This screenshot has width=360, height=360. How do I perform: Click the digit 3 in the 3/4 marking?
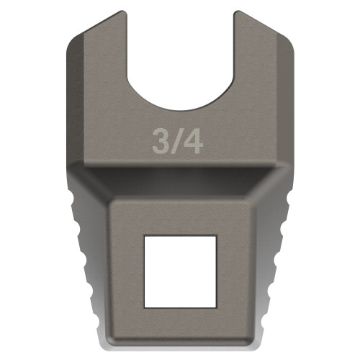coord(161,141)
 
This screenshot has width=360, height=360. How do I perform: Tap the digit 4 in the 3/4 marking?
coord(192,141)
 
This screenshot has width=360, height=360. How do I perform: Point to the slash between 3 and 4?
coord(176,141)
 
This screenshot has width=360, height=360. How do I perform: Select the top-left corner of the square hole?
coord(144,236)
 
